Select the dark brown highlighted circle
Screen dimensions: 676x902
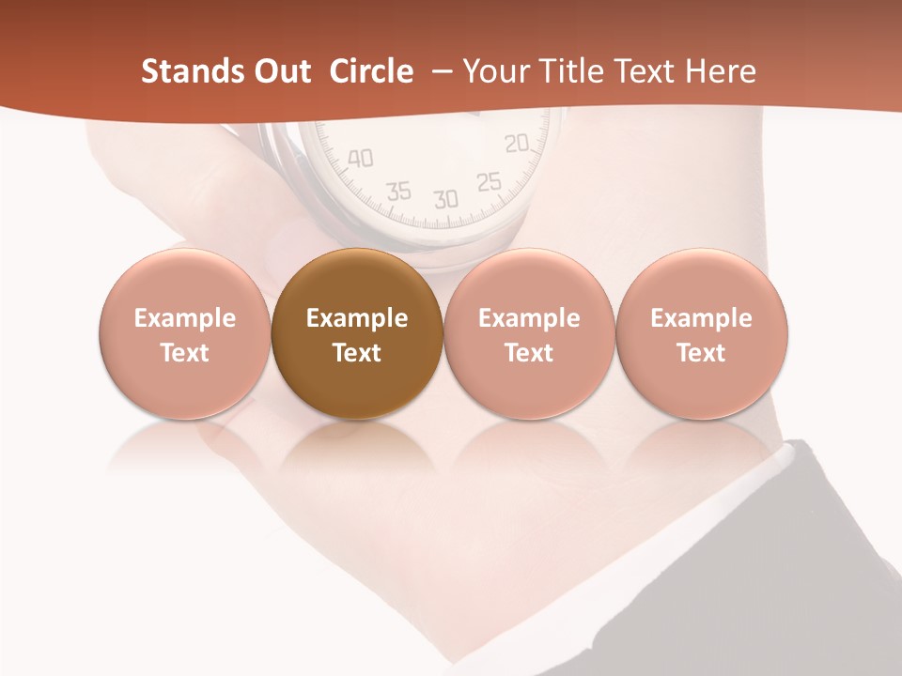pyautogui.click(x=356, y=334)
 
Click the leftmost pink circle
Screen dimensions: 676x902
pyautogui.click(x=184, y=334)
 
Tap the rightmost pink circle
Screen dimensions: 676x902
pyautogui.click(x=701, y=334)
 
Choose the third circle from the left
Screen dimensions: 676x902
pyautogui.click(x=529, y=334)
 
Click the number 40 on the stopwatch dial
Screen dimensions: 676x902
pyautogui.click(x=360, y=158)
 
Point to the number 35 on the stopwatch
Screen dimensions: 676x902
pyautogui.click(x=399, y=192)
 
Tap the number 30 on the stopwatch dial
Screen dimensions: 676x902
pyautogui.click(x=445, y=198)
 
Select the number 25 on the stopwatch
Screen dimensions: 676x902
pyautogui.click(x=489, y=181)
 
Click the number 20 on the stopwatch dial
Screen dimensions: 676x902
pyautogui.click(x=517, y=143)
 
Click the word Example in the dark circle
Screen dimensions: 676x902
pyautogui.click(x=356, y=318)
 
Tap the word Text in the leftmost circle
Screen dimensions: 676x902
pyautogui.click(x=184, y=353)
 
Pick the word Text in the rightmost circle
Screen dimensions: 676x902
pyautogui.click(x=701, y=353)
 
